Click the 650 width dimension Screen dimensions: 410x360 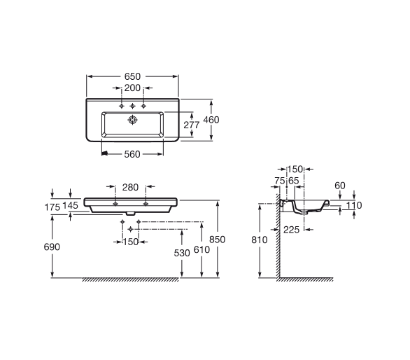(132, 76)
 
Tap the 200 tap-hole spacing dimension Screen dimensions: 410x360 (132, 88)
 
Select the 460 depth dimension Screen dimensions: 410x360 (211, 120)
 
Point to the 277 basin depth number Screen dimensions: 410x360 (192, 125)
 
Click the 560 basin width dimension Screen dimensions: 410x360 (132, 154)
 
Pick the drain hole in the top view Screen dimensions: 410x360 (132, 120)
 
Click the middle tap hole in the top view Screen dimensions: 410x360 (132, 106)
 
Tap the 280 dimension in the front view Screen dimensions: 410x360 (130, 188)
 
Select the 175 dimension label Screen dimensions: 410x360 (52, 207)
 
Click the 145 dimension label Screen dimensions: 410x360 (71, 205)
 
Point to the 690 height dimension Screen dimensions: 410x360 (52, 247)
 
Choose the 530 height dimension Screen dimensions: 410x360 (182, 253)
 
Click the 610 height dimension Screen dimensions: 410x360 (202, 250)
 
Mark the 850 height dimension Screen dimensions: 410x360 (218, 240)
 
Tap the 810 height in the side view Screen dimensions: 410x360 (260, 240)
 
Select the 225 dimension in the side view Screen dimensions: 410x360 (291, 230)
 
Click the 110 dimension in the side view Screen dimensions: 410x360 (354, 205)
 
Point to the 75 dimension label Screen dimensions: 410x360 (280, 181)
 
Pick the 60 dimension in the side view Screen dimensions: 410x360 (340, 186)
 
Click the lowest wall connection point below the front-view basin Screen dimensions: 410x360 (130, 229)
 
